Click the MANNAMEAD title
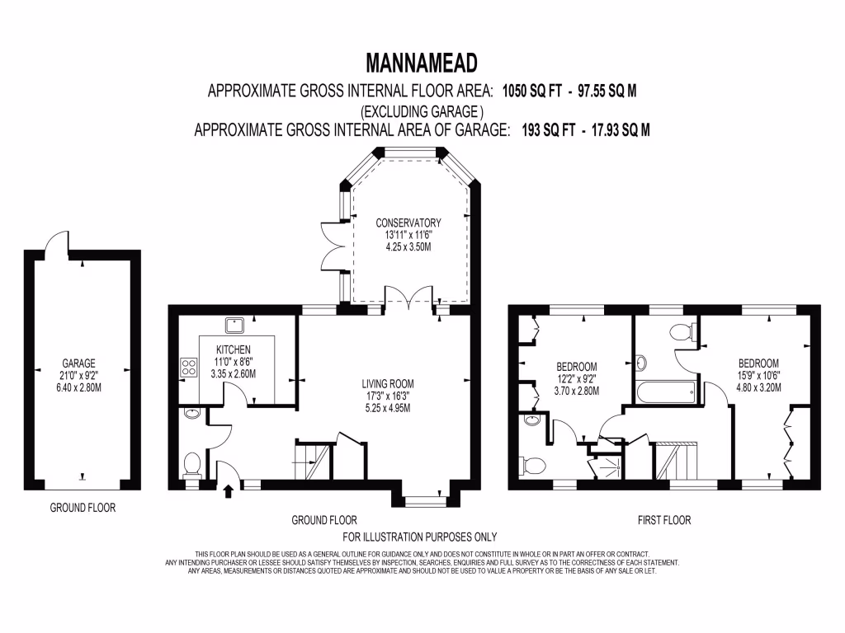click(422, 63)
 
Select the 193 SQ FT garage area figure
click(545, 130)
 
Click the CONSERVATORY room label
click(408, 223)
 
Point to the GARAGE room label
click(79, 363)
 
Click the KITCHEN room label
click(233, 349)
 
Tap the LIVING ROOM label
click(387, 383)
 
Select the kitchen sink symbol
click(233, 324)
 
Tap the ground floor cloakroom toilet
click(191, 466)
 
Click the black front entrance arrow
click(229, 492)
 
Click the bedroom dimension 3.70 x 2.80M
click(576, 392)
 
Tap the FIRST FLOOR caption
click(663, 520)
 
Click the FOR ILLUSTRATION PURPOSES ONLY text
click(420, 536)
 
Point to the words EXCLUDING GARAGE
click(422, 110)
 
